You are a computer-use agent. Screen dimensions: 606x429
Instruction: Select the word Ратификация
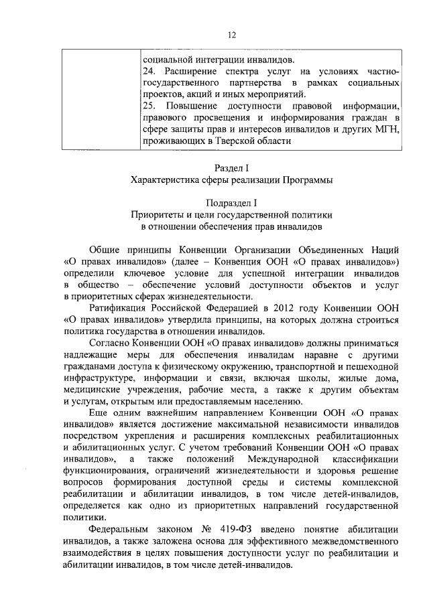click(116, 307)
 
